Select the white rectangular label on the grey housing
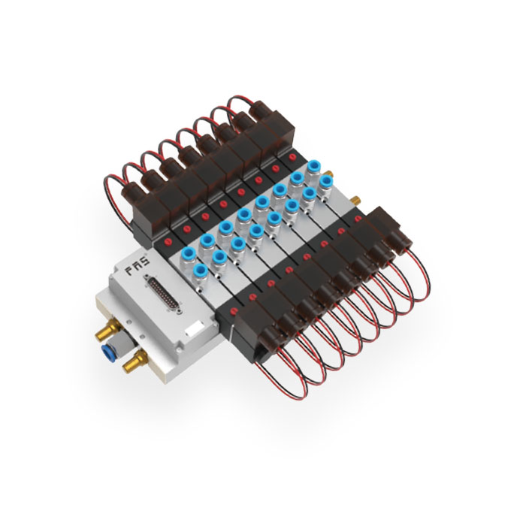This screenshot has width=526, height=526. pyautogui.click(x=194, y=328)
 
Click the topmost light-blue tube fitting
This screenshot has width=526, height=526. pyautogui.click(x=314, y=166)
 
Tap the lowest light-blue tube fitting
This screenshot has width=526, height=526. pyautogui.click(x=201, y=270)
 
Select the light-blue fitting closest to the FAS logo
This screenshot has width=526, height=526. pyautogui.click(x=189, y=255)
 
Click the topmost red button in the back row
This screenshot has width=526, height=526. pyautogui.click(x=292, y=156)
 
